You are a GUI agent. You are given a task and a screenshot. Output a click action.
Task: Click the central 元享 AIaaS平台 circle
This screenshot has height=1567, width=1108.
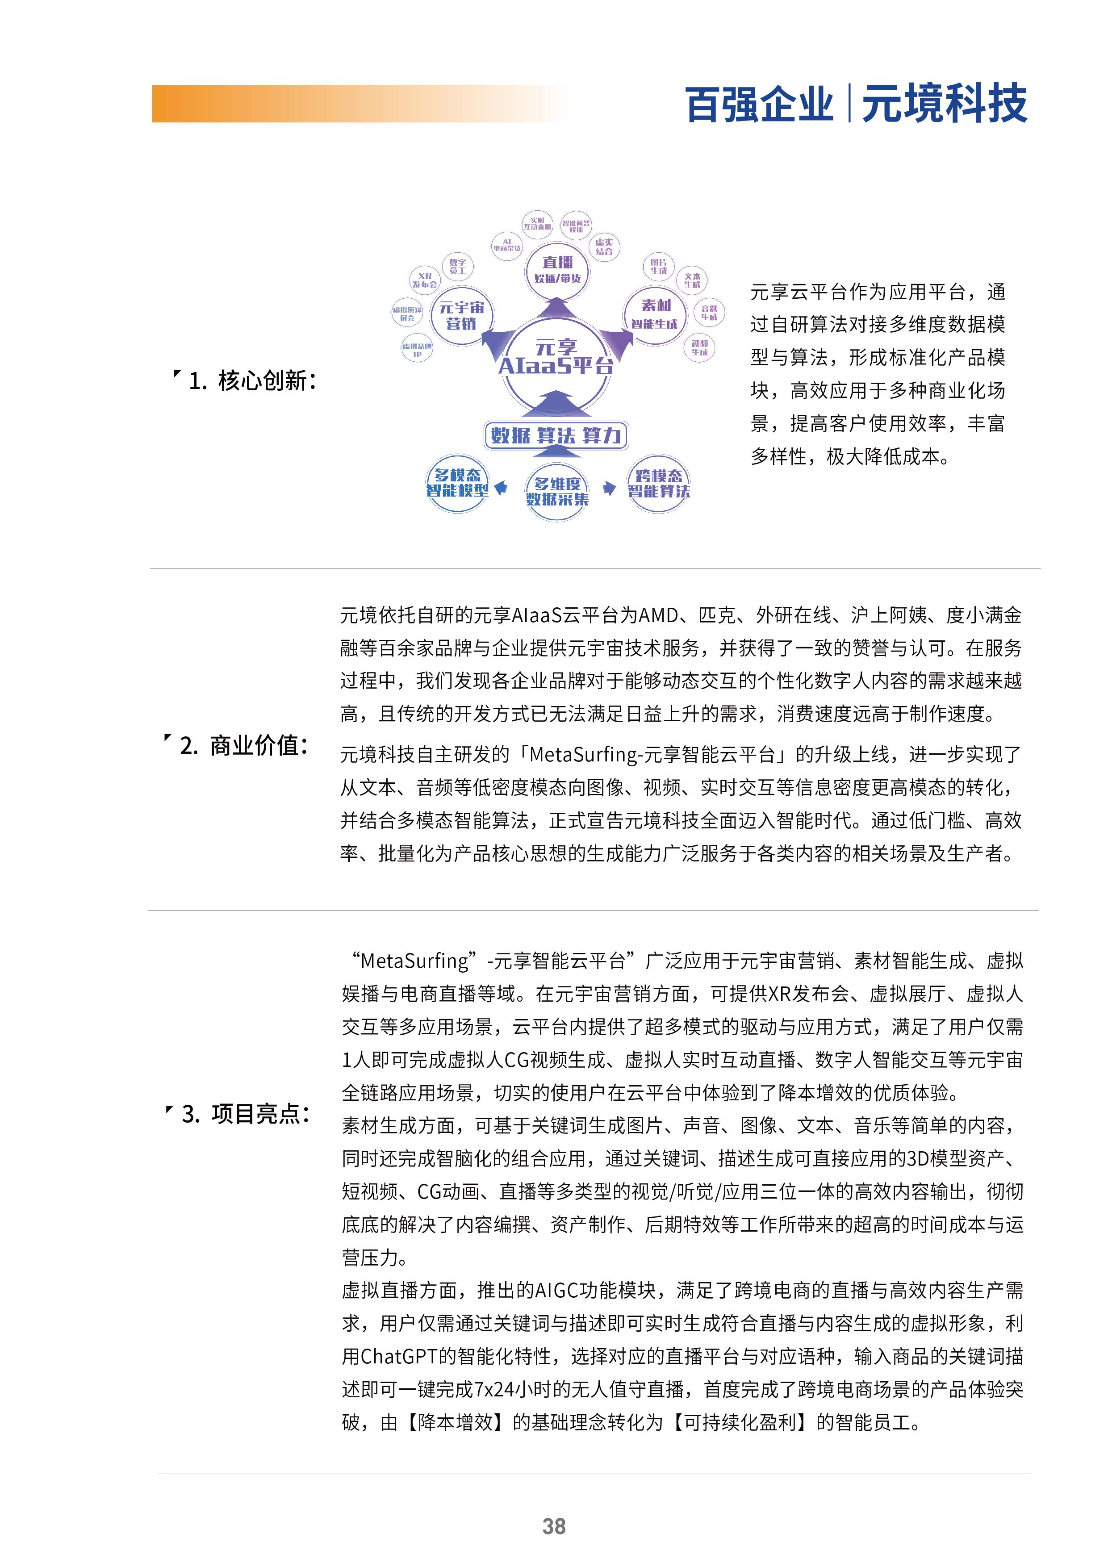[556, 357]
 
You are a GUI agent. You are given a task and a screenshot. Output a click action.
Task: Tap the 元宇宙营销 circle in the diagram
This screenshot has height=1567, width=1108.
[461, 316]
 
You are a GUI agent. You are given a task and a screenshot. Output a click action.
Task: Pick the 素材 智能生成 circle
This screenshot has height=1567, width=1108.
[654, 315]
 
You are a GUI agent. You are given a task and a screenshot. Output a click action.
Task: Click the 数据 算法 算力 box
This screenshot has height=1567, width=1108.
[556, 435]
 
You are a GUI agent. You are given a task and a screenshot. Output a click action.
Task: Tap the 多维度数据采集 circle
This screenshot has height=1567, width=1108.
[557, 491]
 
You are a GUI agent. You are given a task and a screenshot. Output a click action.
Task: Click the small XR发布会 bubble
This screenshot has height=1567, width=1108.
[425, 280]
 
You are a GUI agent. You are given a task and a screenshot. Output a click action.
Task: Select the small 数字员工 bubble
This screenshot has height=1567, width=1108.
[457, 266]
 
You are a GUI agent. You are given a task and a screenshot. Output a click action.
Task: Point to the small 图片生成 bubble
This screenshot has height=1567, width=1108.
[658, 266]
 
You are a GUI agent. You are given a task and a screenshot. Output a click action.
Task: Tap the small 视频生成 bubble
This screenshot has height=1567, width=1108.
[699, 347]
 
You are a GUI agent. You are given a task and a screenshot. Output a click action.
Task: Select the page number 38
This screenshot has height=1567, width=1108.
[554, 1526]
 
